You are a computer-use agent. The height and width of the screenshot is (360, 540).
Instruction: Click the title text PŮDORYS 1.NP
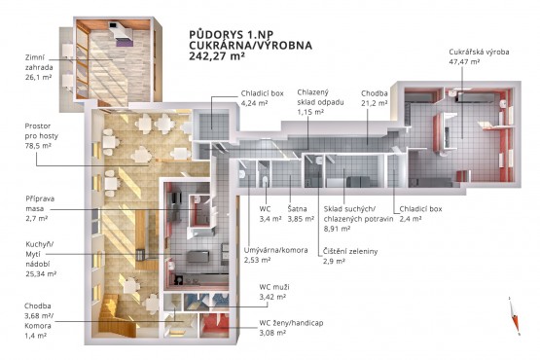pyautogui.click(x=232, y=35)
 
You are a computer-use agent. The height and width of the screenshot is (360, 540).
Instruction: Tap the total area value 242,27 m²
pyautogui.click(x=217, y=56)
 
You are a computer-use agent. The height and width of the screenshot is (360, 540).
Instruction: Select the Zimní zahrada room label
pyautogui.click(x=39, y=67)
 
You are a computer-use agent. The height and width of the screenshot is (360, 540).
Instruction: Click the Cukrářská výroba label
pyautogui.click(x=479, y=52)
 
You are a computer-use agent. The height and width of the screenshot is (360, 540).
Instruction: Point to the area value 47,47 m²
pyautogui.click(x=464, y=62)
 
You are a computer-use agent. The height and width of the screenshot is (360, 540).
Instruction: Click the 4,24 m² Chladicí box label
pyautogui.click(x=262, y=98)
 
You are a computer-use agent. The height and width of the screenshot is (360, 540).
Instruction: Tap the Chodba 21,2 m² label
pyautogui.click(x=375, y=98)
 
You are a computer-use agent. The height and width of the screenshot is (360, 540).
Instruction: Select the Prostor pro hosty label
pyautogui.click(x=41, y=136)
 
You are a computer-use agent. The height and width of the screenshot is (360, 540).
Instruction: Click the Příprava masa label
pyautogui.click(x=40, y=208)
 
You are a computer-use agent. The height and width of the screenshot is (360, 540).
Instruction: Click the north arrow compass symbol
pyautogui.click(x=514, y=315)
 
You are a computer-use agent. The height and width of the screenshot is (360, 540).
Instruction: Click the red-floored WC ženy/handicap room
pyautogui.click(x=214, y=325)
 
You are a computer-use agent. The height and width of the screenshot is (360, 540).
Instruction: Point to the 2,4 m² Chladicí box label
pyautogui.click(x=420, y=214)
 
